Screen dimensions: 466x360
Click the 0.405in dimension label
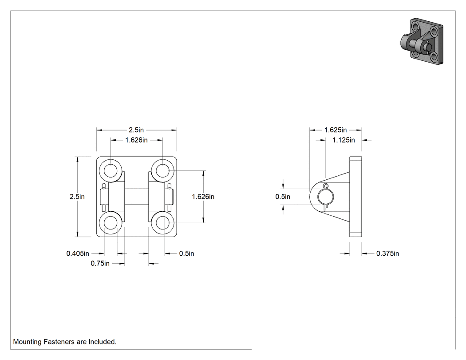pyautogui.click(x=78, y=253)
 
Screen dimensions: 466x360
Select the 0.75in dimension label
pyautogui.click(x=100, y=264)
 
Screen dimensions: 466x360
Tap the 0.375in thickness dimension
pyautogui.click(x=387, y=253)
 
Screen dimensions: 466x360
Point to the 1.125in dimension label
pyautogui.click(x=344, y=140)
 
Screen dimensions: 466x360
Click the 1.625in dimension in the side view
pyautogui.click(x=335, y=130)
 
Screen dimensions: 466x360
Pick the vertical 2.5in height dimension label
pyautogui.click(x=77, y=197)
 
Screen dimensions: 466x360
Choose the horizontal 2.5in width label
pyautogui.click(x=136, y=130)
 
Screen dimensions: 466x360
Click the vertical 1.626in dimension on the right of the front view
pyautogui.click(x=203, y=197)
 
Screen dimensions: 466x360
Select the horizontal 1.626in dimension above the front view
pyautogui.click(x=136, y=140)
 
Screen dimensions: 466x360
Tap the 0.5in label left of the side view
pyautogui.click(x=283, y=197)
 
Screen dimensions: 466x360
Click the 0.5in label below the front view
pyautogui.click(x=187, y=253)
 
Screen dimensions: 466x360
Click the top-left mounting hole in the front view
pyautogui.click(x=111, y=170)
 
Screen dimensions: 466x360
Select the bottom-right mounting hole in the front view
pyautogui.click(x=162, y=223)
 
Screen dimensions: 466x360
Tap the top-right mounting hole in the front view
pyautogui.click(x=162, y=170)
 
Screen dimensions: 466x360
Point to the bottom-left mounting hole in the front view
pyautogui.click(x=111, y=223)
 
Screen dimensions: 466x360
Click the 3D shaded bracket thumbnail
pyautogui.click(x=422, y=41)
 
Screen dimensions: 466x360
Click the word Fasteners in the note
pyautogui.click(x=59, y=342)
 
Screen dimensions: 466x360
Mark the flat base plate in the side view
pyautogui.click(x=355, y=197)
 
